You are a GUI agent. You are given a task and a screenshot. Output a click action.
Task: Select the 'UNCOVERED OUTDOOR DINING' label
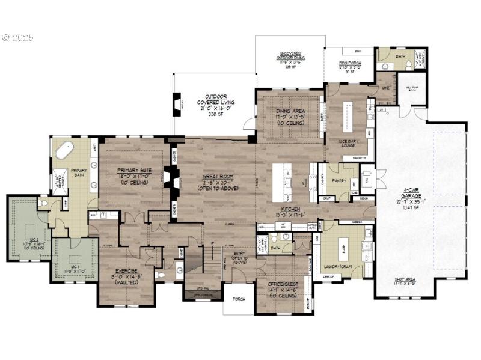tap(290, 56)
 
